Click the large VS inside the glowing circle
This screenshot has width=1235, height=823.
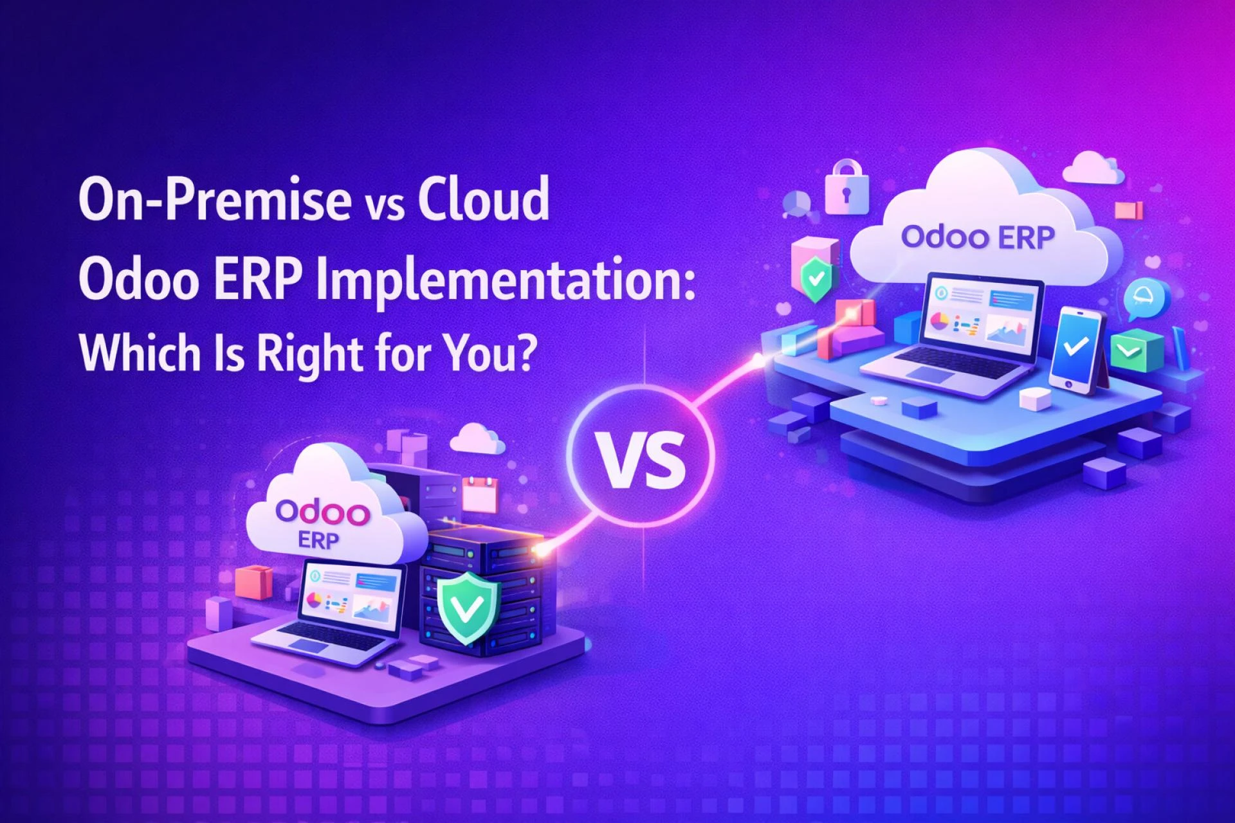coord(641,458)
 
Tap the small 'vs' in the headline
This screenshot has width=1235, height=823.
coord(384,204)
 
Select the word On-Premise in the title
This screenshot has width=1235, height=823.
coord(215,199)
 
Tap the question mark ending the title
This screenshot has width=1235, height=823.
coord(526,352)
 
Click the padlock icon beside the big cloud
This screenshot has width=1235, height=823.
coord(846,188)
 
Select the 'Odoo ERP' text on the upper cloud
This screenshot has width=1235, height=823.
coord(977,237)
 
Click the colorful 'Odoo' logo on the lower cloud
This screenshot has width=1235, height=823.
coord(322,512)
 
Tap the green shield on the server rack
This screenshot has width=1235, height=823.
coord(468,606)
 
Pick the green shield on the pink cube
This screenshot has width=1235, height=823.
coord(816,279)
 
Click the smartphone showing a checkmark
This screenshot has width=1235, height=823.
coord(1075,348)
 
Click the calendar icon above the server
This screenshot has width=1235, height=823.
coord(479,494)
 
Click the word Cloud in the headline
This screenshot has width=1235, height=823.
coord(484,199)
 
